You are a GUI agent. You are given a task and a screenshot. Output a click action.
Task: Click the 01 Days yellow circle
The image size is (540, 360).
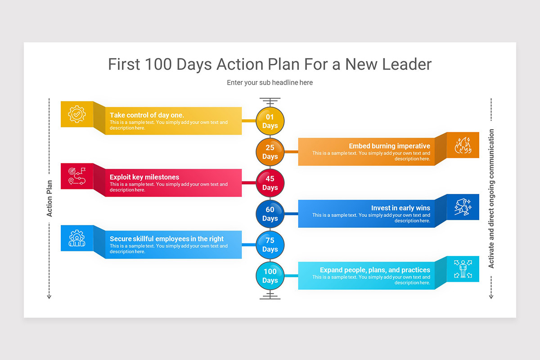tap(270, 121)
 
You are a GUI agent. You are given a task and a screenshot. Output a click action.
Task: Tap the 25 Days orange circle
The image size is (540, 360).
tap(270, 152)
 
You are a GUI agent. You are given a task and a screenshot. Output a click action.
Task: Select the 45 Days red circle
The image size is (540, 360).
tap(270, 183)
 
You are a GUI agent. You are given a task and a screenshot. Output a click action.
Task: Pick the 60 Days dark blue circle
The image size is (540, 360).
tap(270, 214)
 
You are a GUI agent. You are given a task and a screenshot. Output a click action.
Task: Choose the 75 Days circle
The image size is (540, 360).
tap(270, 245)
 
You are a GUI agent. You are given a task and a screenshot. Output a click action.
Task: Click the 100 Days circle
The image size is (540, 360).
tap(270, 276)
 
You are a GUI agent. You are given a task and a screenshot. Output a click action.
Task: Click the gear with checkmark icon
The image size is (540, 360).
tap(77, 114)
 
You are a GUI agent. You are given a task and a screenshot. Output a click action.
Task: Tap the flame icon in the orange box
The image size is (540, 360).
tap(463, 145)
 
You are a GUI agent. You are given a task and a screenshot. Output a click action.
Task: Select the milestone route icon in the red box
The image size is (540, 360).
tap(77, 176)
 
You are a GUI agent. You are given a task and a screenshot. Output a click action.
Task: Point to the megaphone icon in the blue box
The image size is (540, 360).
tap(463, 207)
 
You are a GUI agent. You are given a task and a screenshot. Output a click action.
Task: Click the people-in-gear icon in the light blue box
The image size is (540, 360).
tap(77, 238)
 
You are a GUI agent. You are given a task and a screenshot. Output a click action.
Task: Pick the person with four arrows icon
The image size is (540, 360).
tap(463, 269)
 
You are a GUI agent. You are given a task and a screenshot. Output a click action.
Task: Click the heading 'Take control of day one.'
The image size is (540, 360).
tap(147, 115)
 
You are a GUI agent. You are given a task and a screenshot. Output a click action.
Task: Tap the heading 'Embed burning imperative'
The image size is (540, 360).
tap(389, 146)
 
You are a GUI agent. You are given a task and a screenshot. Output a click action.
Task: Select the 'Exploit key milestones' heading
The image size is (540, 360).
tap(144, 177)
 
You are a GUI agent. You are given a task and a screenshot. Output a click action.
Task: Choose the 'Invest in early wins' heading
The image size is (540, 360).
tap(400, 208)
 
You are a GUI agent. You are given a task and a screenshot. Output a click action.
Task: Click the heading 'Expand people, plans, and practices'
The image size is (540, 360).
tap(375, 270)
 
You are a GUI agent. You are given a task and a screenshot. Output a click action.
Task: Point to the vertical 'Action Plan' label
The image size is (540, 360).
tap(49, 198)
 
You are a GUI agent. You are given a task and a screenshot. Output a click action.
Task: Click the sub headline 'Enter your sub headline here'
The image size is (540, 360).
tap(270, 83)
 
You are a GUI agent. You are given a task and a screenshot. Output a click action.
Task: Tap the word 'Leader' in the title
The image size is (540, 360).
tap(407, 64)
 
